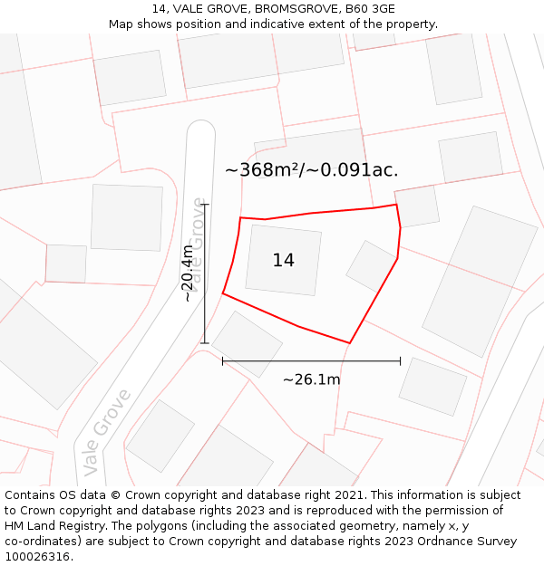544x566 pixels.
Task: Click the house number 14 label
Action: click(283, 261)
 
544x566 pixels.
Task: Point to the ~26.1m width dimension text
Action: click(311, 379)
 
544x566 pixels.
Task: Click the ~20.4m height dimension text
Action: click(188, 273)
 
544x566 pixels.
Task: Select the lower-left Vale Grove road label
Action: click(106, 432)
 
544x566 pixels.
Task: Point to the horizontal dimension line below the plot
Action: click(311, 361)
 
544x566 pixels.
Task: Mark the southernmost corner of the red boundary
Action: click(350, 343)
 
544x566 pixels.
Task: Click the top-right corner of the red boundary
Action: click(396, 205)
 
